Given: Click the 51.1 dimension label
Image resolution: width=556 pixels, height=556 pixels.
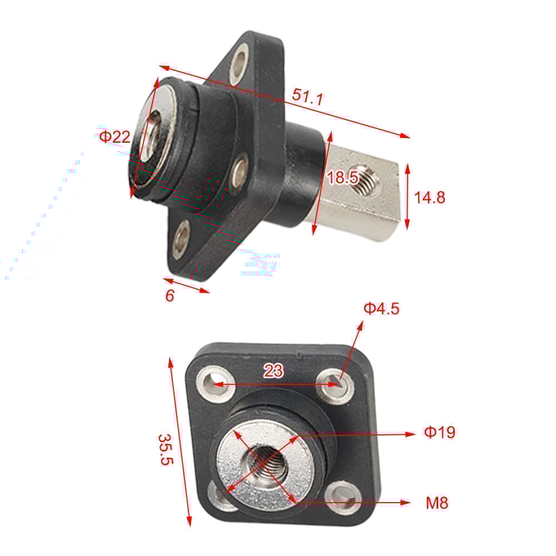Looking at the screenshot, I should [x=307, y=97].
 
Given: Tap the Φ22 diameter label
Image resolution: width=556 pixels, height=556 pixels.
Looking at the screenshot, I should [x=115, y=137].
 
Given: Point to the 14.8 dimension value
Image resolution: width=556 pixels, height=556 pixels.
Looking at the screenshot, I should [x=430, y=197].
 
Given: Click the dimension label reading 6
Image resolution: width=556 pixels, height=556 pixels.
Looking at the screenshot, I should [x=170, y=296].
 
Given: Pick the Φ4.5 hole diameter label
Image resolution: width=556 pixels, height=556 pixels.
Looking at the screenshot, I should [x=381, y=308].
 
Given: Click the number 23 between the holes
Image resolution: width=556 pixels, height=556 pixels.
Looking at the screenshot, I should [x=273, y=371].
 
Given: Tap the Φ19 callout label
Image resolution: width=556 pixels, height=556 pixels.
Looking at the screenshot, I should [x=440, y=432].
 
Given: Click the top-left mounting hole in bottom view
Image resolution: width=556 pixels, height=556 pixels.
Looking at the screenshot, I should [x=212, y=383].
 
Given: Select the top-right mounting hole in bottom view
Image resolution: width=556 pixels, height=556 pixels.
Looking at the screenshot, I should [x=336, y=383].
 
